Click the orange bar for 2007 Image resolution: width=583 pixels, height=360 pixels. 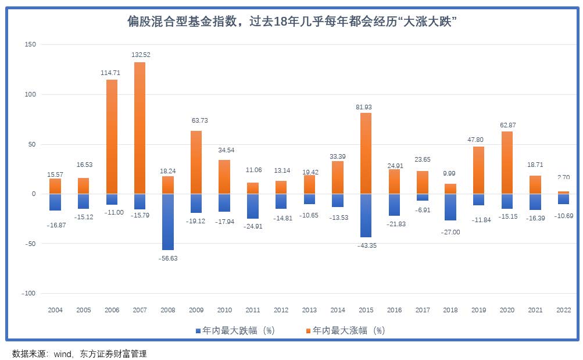(140, 128)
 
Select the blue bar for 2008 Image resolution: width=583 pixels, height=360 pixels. (168, 222)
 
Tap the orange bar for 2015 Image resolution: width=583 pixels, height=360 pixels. (365, 153)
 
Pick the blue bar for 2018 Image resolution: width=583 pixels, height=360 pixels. (450, 207)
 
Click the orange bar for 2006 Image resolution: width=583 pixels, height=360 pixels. (112, 137)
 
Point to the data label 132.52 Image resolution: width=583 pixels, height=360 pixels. (140, 55)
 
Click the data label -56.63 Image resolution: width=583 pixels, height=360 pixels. (168, 258)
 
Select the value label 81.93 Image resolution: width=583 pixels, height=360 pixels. (365, 107)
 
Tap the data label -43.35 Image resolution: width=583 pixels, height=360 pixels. (365, 245)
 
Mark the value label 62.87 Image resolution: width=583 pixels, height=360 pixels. (507, 126)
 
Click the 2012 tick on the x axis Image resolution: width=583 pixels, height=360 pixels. (281, 310)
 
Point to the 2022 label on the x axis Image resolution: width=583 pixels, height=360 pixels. (563, 310)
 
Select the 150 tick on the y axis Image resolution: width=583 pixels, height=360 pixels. (30, 45)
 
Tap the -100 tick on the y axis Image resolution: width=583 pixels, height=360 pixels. (28, 294)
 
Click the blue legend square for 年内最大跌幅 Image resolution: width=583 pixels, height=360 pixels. (198, 331)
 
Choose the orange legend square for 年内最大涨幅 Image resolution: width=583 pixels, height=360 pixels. (308, 331)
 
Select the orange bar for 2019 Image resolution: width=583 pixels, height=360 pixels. (478, 170)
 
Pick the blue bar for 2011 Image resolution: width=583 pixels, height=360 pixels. (253, 206)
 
